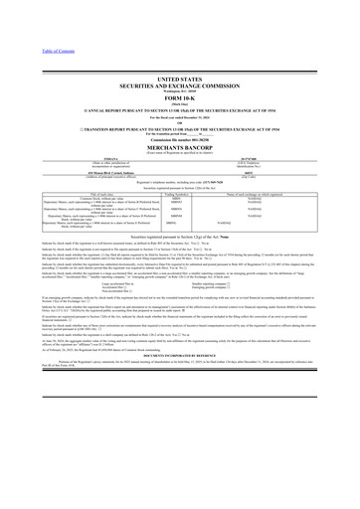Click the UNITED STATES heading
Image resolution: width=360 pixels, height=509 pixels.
[179, 77]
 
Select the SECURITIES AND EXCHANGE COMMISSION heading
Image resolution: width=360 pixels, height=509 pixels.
[179, 84]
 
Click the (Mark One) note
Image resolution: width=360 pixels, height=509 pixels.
[179, 102]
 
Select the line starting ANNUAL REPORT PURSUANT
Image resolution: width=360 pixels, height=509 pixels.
[179, 108]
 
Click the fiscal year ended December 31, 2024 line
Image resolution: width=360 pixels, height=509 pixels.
[179, 115]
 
